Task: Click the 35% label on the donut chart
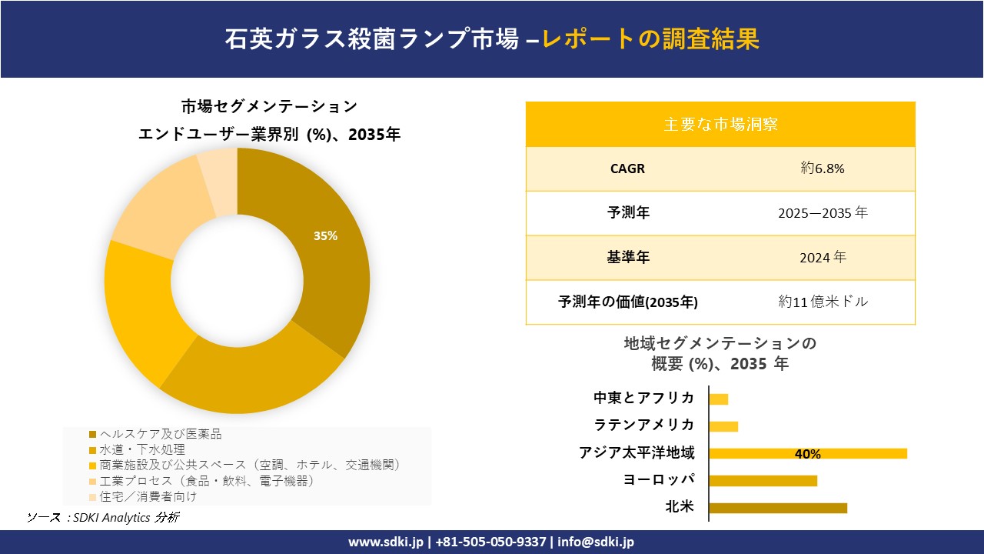[325, 236]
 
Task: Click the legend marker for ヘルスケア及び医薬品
[93, 435]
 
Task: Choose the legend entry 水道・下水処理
[142, 449]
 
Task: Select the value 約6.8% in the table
[822, 169]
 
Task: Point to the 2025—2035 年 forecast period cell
[822, 213]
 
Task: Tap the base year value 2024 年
[822, 258]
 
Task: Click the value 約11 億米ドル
[822, 302]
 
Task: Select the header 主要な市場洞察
[720, 124]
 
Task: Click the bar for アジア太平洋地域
[807, 453]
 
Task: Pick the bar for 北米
[777, 508]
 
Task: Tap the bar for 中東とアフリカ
[718, 399]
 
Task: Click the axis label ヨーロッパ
[659, 480]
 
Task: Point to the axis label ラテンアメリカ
[644, 425]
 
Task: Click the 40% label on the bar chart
[807, 454]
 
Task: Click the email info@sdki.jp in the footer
[595, 542]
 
